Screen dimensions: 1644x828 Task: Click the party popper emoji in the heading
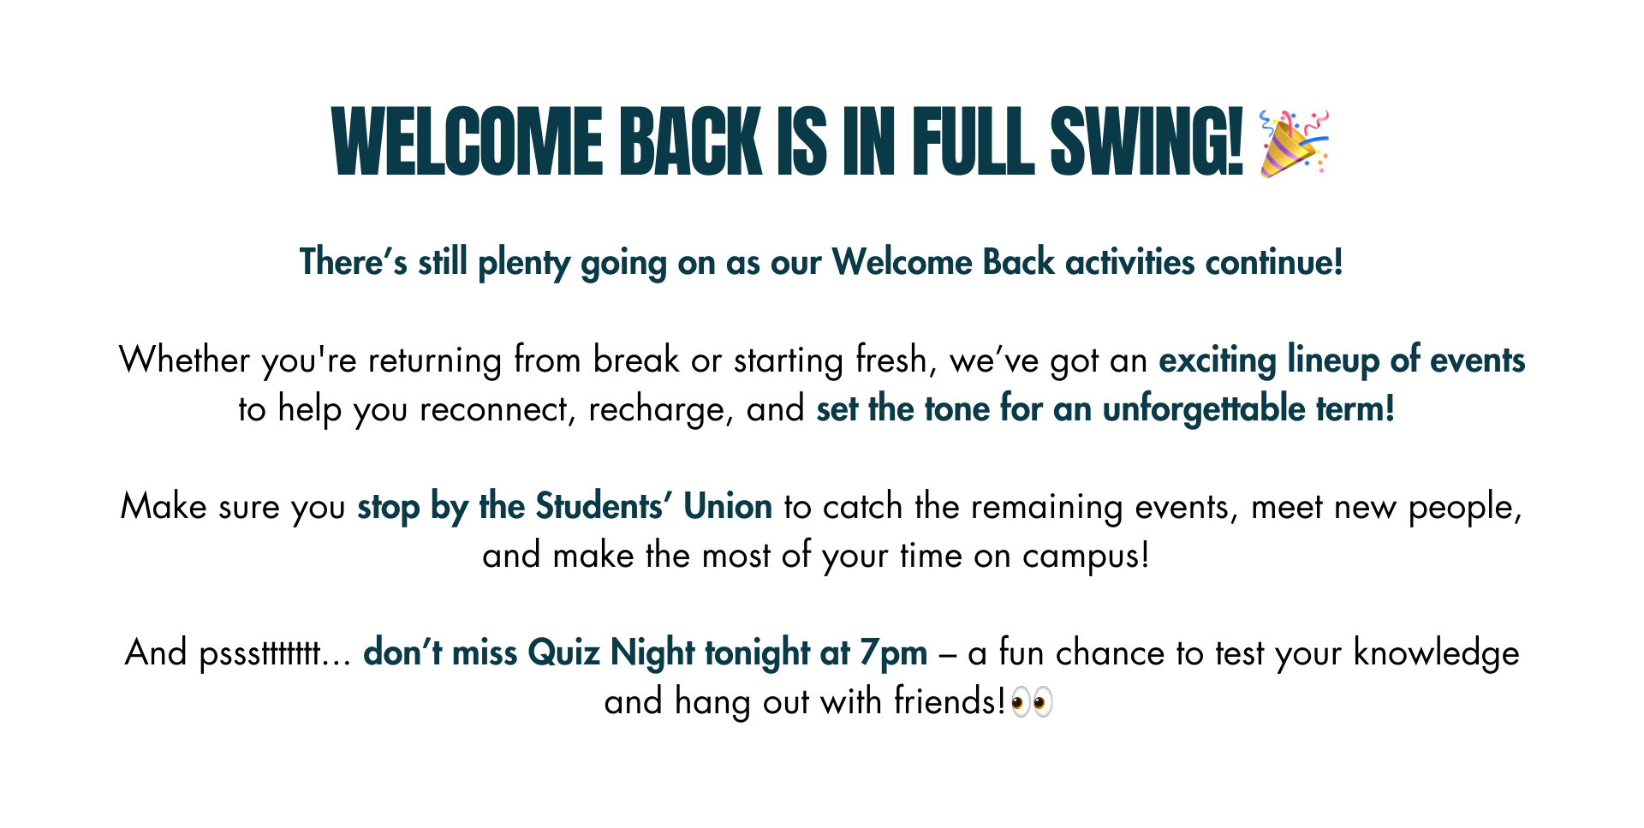(1295, 142)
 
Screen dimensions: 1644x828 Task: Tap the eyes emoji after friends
(1032, 703)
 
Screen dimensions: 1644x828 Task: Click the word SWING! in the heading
(1147, 142)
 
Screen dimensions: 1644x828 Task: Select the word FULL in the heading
(974, 142)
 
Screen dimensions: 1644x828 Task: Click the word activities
(1129, 262)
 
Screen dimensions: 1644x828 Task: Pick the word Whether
(185, 360)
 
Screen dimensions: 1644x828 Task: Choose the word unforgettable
(1204, 410)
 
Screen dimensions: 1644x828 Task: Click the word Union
(728, 507)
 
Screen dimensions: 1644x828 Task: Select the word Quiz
(563, 653)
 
